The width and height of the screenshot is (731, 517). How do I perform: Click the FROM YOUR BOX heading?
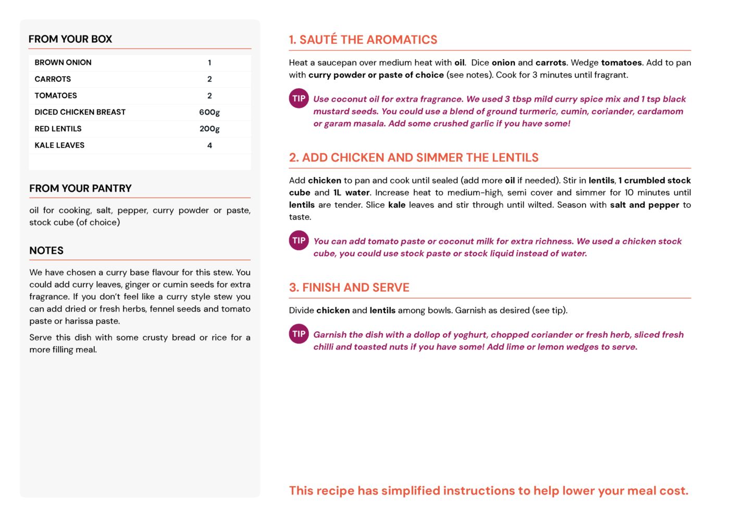[70, 39]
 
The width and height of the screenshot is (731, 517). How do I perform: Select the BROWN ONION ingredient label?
[63, 63]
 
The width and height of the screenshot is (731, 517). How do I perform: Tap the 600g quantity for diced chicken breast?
[209, 112]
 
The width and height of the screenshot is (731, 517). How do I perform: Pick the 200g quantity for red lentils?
[209, 129]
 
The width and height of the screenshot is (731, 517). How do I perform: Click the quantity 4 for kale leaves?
[209, 145]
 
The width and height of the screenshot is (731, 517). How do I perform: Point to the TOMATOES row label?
[56, 95]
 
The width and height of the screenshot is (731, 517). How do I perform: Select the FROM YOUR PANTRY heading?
[80, 188]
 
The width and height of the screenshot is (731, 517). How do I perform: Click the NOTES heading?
[46, 250]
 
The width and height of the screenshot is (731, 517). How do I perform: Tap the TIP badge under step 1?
[299, 99]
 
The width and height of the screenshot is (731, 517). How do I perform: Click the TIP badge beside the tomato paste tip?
[299, 240]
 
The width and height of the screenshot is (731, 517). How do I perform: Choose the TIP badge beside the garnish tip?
[299, 334]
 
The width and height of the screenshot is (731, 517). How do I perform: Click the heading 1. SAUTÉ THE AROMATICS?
[363, 40]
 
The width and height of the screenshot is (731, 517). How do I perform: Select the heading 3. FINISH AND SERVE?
[349, 287]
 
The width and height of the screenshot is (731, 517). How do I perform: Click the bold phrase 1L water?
[352, 192]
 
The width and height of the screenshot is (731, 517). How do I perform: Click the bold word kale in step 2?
[397, 205]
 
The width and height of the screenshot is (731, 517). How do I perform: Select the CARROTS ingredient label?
[53, 79]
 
